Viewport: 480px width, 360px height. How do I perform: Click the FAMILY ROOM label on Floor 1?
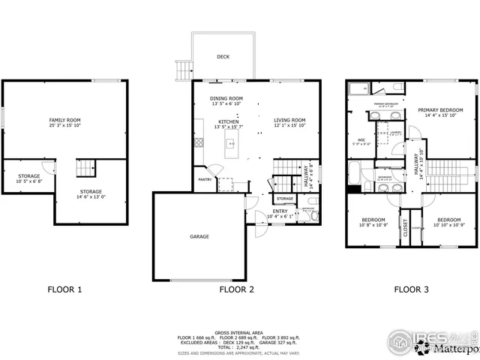[65, 123]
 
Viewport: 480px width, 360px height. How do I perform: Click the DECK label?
[223, 56]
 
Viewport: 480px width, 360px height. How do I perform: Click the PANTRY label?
[204, 180]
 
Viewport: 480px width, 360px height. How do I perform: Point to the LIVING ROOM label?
[289, 121]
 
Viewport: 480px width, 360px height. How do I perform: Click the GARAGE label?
[199, 236]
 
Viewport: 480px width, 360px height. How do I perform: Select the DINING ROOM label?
[226, 100]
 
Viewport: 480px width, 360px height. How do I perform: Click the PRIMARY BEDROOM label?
[440, 112]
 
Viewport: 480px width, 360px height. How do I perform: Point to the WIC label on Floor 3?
[361, 140]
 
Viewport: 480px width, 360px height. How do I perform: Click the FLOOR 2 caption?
[236, 289]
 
